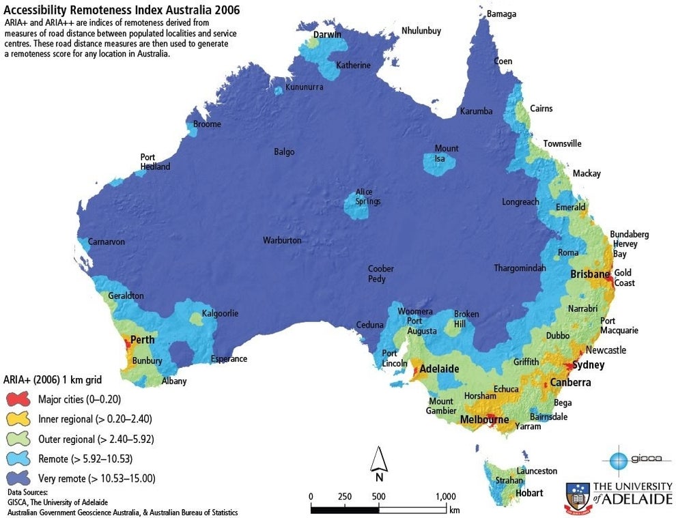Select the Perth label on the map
tap(142, 339)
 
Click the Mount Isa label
tap(447, 154)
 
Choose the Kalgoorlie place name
tap(220, 314)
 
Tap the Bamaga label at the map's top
tap(501, 14)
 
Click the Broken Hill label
tap(466, 319)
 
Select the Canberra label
tap(570, 382)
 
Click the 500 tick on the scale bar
tap(379, 496)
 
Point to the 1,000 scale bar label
tap(446, 496)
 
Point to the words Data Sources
tap(27, 492)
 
